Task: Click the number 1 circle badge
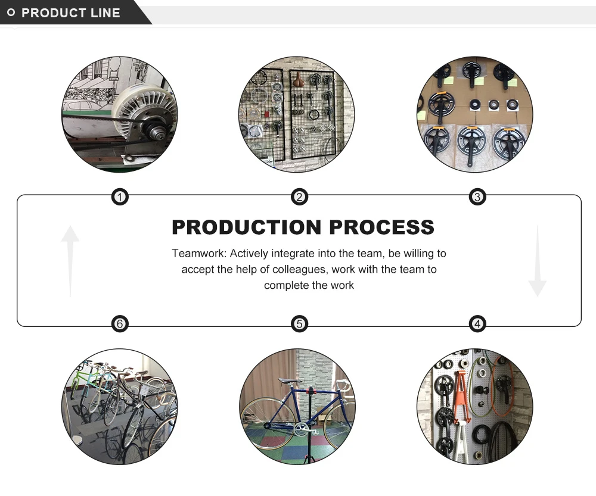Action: (x=120, y=197)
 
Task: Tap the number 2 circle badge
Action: (x=299, y=197)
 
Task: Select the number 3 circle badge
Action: (x=477, y=197)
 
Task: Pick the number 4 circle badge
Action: (x=477, y=324)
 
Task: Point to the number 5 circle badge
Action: (x=299, y=324)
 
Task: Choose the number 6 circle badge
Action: (x=120, y=324)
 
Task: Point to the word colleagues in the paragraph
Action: (x=300, y=269)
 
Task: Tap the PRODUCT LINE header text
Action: (x=71, y=13)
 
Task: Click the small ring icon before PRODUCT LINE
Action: (x=11, y=13)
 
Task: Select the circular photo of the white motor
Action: (x=119, y=114)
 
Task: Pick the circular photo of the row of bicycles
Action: (x=119, y=406)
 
